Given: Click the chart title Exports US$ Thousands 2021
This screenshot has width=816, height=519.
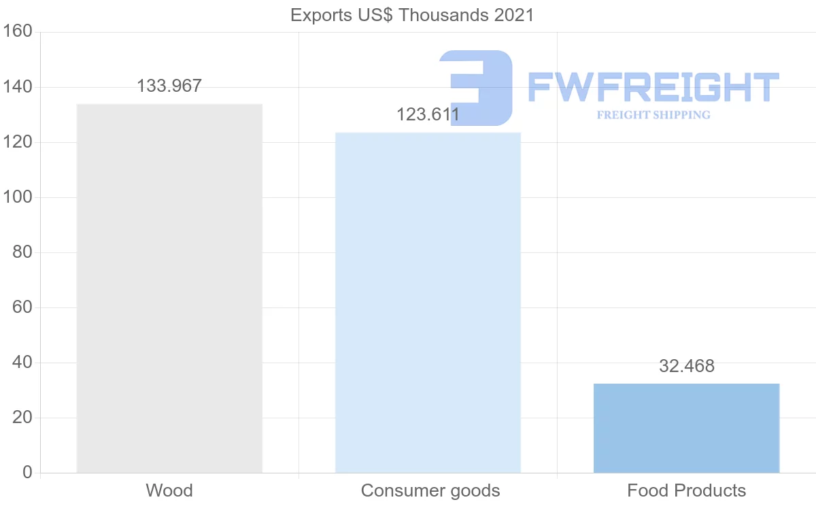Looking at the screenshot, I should pyautogui.click(x=412, y=15).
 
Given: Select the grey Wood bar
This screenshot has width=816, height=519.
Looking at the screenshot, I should pyautogui.click(x=169, y=288).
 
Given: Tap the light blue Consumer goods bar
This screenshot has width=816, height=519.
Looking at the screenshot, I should pyautogui.click(x=428, y=303).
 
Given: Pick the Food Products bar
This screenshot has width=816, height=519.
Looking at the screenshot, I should pyautogui.click(x=686, y=428).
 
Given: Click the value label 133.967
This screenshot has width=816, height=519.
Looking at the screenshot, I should pyautogui.click(x=169, y=86).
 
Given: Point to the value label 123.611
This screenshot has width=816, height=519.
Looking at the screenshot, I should pyautogui.click(x=428, y=114).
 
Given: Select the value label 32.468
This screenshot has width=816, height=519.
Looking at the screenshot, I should pyautogui.click(x=687, y=366).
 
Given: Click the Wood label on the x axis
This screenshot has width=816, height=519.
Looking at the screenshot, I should pyautogui.click(x=169, y=490).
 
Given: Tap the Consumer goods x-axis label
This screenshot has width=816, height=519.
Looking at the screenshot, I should pyautogui.click(x=430, y=490).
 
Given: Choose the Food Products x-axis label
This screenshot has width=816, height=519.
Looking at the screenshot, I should pyautogui.click(x=687, y=490).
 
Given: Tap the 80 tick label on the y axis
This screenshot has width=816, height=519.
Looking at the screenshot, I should pyautogui.click(x=22, y=252).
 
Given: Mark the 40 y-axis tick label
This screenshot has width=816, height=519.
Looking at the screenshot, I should pyautogui.click(x=22, y=363).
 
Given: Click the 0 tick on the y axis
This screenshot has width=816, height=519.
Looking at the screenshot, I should pyautogui.click(x=27, y=473).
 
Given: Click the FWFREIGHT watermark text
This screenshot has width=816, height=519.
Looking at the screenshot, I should pyautogui.click(x=653, y=88).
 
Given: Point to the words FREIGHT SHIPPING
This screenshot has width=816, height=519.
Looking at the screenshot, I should pyautogui.click(x=653, y=115).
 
